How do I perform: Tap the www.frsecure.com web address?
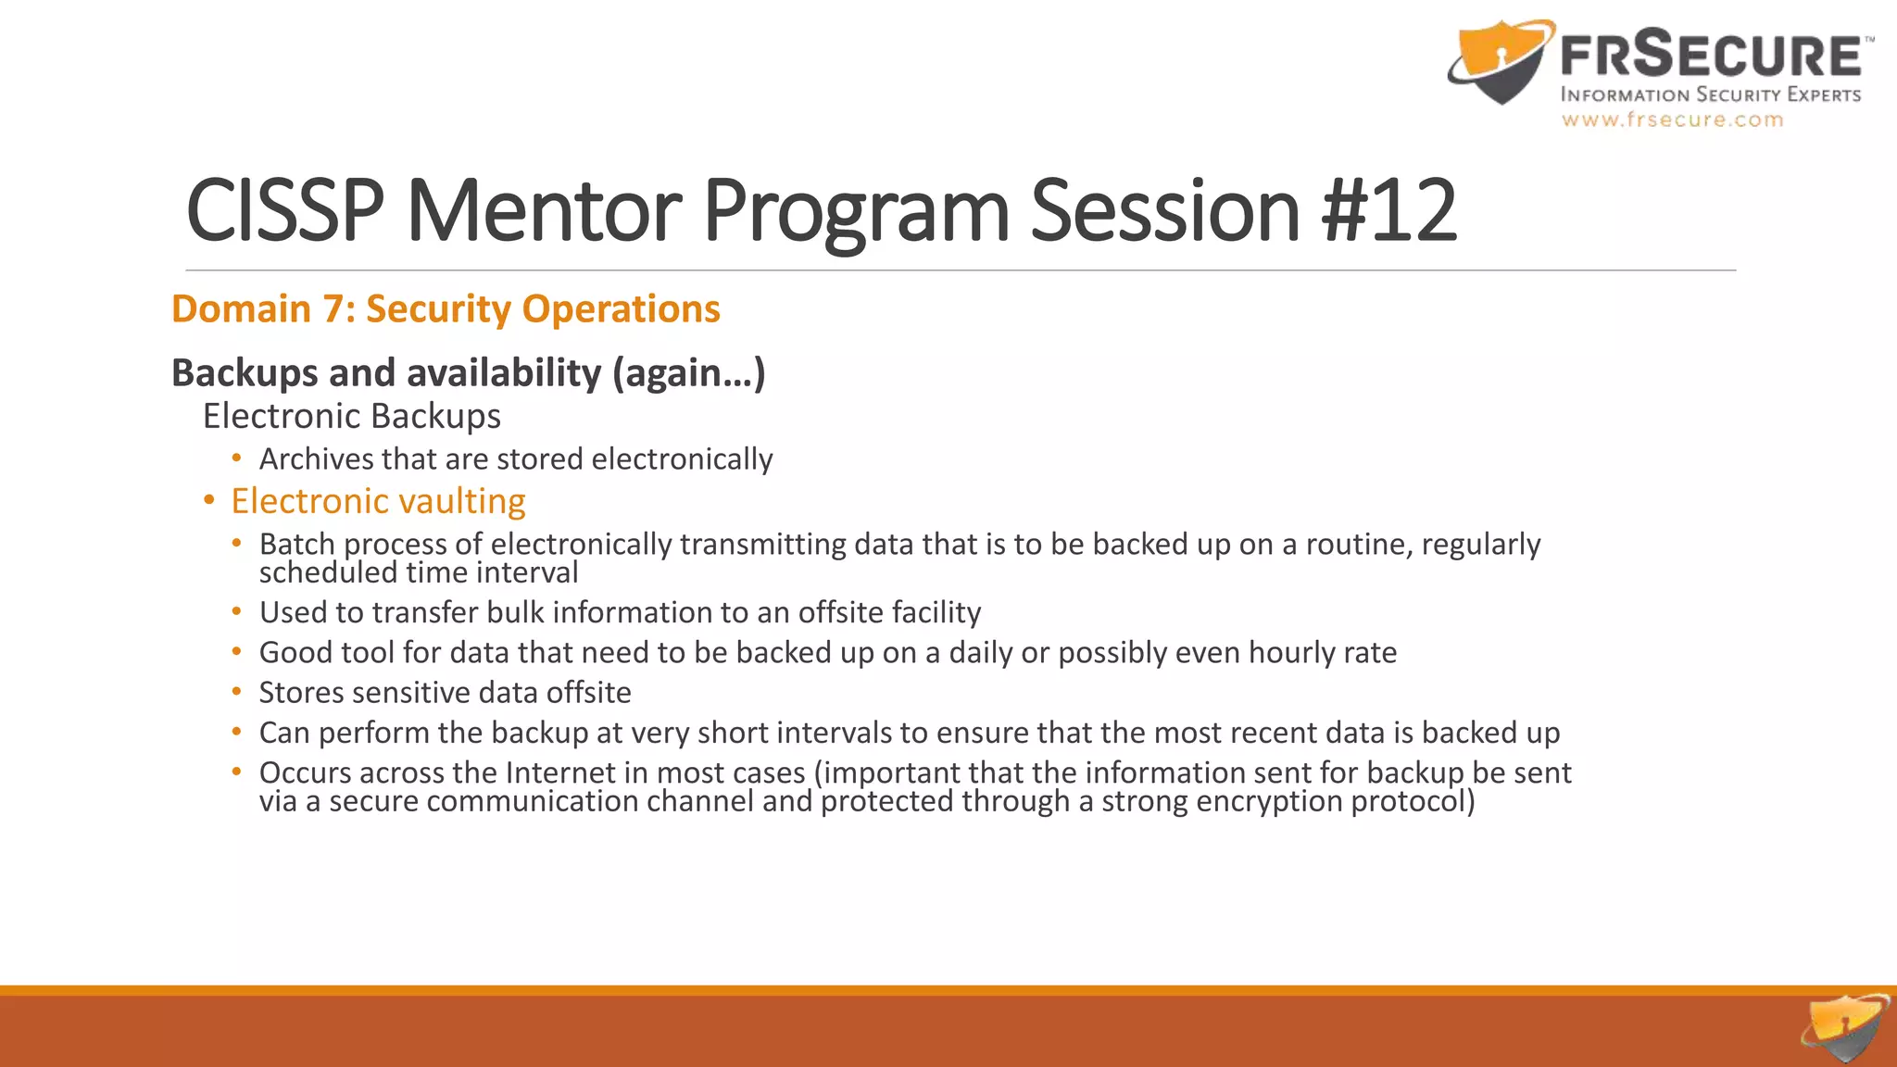click(1672, 119)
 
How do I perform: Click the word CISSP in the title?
click(284, 211)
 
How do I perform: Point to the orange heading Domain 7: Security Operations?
click(446, 308)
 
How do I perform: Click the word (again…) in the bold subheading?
click(688, 372)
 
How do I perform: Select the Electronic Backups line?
click(352, 416)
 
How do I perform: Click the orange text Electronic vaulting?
click(378, 501)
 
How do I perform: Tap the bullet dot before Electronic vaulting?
click(209, 501)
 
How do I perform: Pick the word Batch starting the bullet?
click(297, 544)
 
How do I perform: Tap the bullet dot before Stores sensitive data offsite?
click(237, 692)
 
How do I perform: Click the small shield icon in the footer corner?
click(1845, 1028)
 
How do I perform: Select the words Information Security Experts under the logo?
click(1710, 94)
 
